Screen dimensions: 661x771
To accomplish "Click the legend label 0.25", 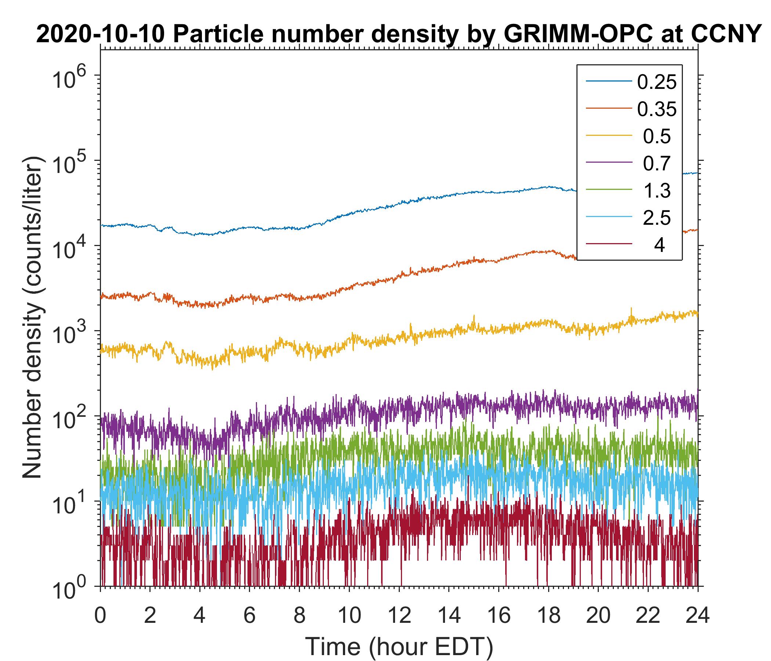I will coord(656,82).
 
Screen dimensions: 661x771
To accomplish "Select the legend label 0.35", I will coord(656,109).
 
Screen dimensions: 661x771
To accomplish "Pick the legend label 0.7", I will coord(657,163).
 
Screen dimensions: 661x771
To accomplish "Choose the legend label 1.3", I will coord(657,191).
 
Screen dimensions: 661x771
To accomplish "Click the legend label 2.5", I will coord(657,218).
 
